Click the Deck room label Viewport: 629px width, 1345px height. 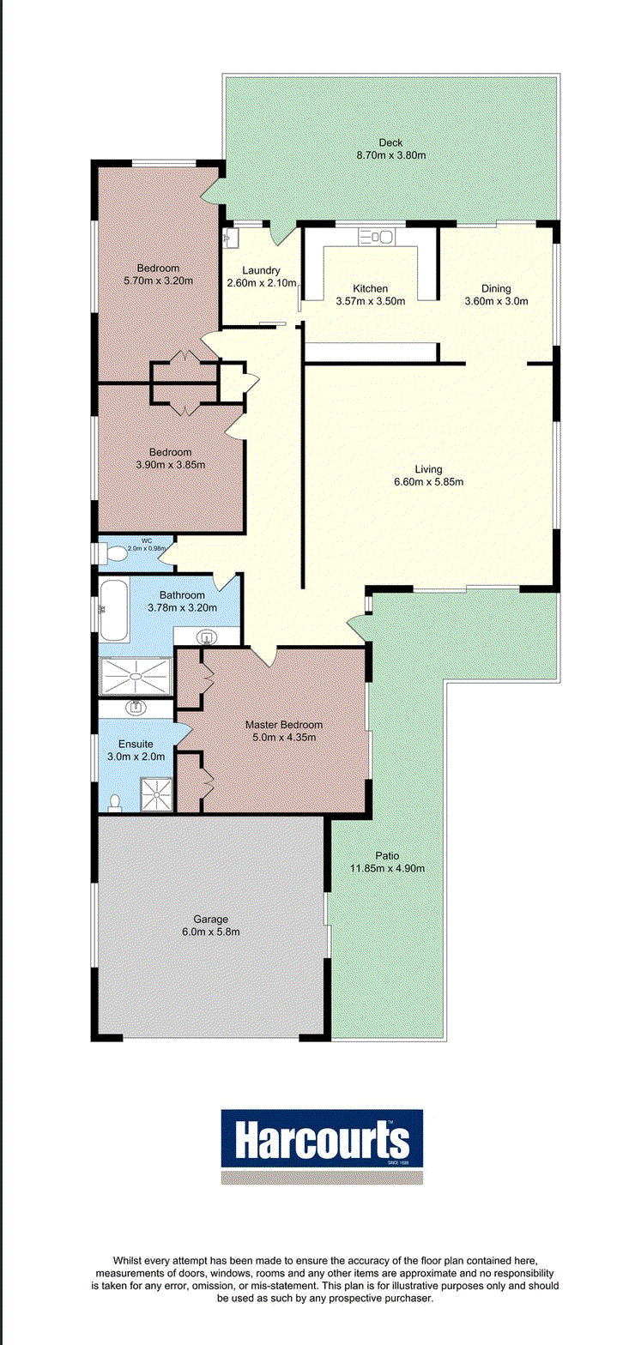click(390, 142)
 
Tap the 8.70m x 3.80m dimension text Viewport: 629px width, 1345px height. click(391, 155)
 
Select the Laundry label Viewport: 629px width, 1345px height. click(261, 271)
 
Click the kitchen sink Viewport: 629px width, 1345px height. click(376, 237)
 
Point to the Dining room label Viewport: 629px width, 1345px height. click(496, 289)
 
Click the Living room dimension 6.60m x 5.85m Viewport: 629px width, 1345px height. click(428, 481)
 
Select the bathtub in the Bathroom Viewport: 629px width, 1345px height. click(113, 609)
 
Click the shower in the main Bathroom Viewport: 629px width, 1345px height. click(136, 676)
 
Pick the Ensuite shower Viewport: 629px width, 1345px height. click(157, 793)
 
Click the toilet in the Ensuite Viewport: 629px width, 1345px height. click(114, 802)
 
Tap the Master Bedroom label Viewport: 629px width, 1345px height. click(283, 725)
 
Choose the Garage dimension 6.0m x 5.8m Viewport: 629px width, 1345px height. click(210, 932)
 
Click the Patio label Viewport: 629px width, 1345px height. click(387, 856)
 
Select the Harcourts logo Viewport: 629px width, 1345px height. click(322, 1142)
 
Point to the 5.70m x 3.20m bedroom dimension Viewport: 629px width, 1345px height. click(158, 280)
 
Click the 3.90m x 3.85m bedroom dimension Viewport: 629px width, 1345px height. click(171, 465)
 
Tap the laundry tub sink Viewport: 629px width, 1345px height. click(230, 238)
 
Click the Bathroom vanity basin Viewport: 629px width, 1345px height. click(208, 636)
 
